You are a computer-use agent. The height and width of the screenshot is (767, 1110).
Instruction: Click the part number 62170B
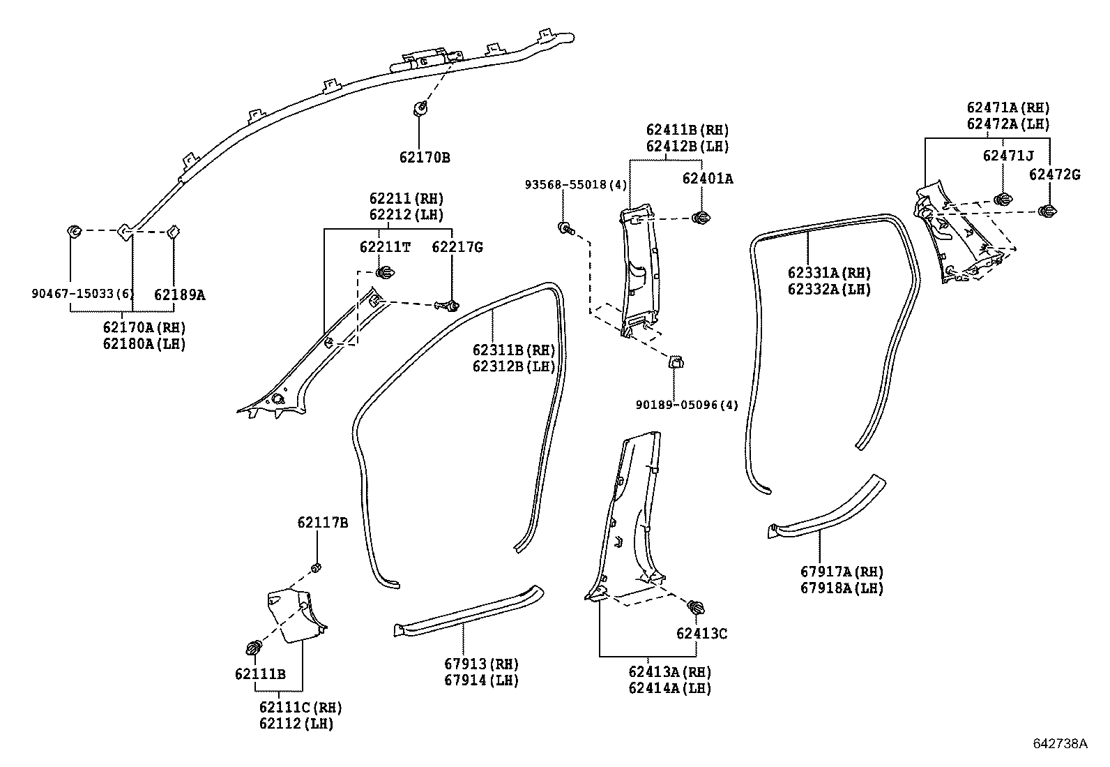(x=425, y=158)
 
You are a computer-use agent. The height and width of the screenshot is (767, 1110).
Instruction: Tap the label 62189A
(x=180, y=295)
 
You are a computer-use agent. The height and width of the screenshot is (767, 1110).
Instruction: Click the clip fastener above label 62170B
(x=420, y=108)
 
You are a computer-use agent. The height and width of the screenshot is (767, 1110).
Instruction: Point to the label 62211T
(x=385, y=247)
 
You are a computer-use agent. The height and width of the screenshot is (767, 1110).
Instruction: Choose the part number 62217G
(x=457, y=247)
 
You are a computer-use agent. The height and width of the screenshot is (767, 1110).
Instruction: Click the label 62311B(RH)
(x=513, y=350)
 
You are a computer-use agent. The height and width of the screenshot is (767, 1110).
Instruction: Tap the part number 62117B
(x=322, y=523)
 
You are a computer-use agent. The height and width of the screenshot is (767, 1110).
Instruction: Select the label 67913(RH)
(x=482, y=664)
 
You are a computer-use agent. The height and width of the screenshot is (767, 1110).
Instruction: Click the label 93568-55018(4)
(x=576, y=185)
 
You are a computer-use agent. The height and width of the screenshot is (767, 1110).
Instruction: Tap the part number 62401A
(x=708, y=179)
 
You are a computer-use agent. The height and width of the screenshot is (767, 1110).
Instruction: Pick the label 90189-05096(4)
(x=686, y=405)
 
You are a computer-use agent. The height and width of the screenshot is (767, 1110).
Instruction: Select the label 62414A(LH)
(x=669, y=689)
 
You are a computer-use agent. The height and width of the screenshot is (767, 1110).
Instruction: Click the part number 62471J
(x=1008, y=156)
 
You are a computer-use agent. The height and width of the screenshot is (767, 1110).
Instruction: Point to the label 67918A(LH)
(x=842, y=588)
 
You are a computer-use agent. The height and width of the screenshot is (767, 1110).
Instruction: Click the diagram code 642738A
(x=1060, y=744)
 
